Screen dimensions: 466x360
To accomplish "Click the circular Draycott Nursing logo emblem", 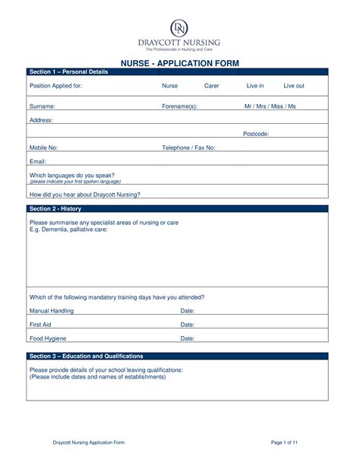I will pos(179,27).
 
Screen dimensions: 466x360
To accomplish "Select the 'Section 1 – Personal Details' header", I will pos(69,71).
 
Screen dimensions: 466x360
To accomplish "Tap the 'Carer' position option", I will pos(212,86).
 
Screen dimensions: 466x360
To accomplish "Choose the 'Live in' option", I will pos(255,86).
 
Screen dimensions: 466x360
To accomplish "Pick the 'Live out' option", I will pos(294,86).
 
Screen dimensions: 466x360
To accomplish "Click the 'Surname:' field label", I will pos(42,106).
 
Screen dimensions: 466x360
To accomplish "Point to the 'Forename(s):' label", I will pos(180,106).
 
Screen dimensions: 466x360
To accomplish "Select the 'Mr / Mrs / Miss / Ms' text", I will pos(270,106).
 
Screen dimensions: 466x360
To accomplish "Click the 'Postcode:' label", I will pos(256,134).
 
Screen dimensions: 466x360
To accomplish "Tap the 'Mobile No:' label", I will pos(43,147).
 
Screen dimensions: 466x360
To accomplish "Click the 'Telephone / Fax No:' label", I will pos(189,147).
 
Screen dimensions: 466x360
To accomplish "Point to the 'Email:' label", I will pos(38,161).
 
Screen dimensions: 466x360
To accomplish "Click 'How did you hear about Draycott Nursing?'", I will pos(85,194).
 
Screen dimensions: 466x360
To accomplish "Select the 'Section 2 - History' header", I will pos(55,208).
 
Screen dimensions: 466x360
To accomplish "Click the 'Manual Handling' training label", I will pos(52,311).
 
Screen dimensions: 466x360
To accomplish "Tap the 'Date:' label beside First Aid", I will pos(188,325).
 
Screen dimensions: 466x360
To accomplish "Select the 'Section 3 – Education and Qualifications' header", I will pos(86,356).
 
